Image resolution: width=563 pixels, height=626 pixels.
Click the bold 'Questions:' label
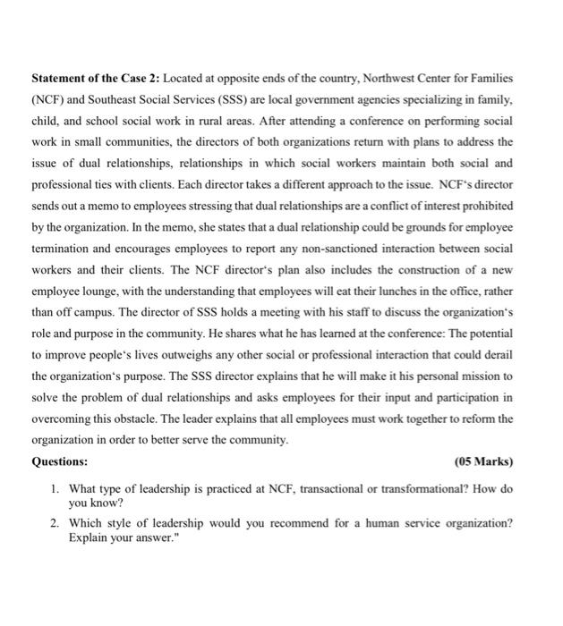click(60, 461)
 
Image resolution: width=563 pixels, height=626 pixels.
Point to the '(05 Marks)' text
click(483, 461)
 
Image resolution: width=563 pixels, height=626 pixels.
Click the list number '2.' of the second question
click(55, 524)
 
